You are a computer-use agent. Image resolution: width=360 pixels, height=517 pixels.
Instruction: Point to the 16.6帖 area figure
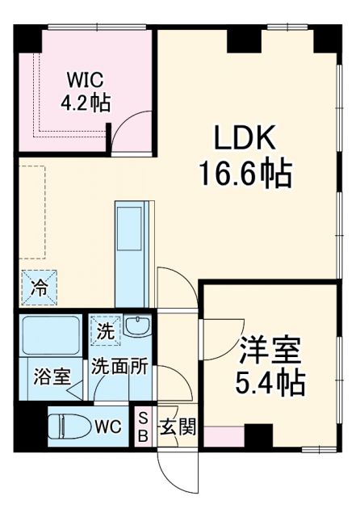tap(245, 172)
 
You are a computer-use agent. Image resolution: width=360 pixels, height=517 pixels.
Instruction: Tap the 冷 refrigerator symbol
tap(39, 286)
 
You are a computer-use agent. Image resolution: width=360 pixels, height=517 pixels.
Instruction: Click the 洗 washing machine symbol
tap(104, 330)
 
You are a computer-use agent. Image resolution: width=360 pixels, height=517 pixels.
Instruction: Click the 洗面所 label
tap(118, 365)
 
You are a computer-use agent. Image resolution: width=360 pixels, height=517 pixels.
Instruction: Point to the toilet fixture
tap(70, 425)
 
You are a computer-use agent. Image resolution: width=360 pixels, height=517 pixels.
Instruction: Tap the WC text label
tap(108, 426)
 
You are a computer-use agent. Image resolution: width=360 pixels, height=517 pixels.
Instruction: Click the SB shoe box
tap(143, 425)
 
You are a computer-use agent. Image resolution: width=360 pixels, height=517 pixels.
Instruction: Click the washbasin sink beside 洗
tap(136, 328)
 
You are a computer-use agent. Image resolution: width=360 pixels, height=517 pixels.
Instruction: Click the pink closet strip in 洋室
tap(222, 437)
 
